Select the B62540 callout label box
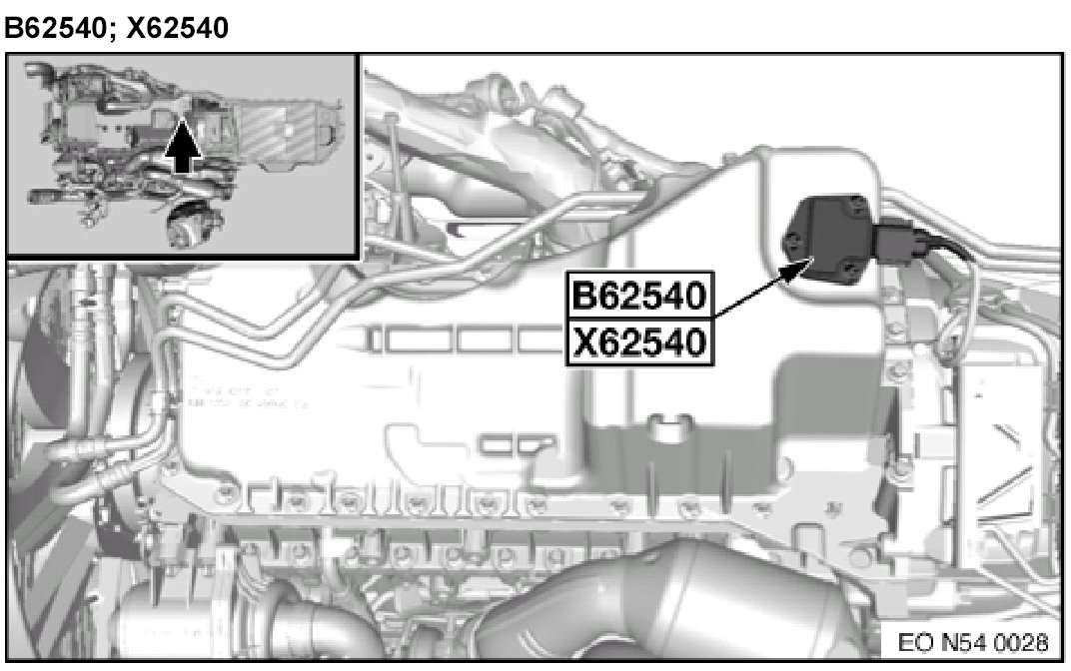coord(640,296)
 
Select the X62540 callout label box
coord(640,341)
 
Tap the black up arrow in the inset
coord(183,147)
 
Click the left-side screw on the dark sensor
coord(792,240)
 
